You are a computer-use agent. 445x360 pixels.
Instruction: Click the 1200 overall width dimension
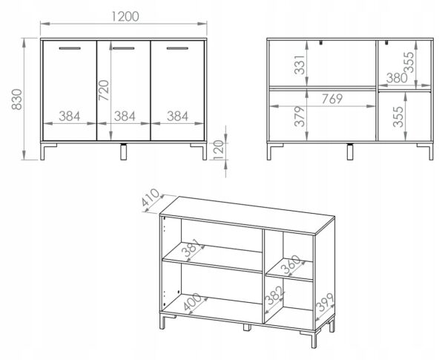[x=125, y=16]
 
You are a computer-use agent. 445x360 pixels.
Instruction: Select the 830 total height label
[x=17, y=99]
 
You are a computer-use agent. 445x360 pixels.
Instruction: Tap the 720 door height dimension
[x=104, y=91]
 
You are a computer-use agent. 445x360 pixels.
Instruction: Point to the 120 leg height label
[x=219, y=150]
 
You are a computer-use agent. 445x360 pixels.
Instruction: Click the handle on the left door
[x=70, y=48]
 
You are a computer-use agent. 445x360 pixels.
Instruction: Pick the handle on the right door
[x=177, y=48]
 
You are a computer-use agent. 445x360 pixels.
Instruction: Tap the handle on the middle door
[x=124, y=48]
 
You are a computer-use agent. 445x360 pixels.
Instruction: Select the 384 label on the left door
[x=70, y=117]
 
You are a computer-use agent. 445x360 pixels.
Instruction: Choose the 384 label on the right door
[x=177, y=117]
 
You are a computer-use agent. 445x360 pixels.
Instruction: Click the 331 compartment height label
[x=300, y=65]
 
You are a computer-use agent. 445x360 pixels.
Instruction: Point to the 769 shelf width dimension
[x=332, y=99]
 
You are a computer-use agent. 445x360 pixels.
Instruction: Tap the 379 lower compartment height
[x=300, y=117]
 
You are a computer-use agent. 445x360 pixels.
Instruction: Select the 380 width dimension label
[x=397, y=78]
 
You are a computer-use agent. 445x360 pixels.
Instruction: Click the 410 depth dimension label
[x=151, y=197]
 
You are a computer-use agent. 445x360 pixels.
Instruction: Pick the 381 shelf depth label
[x=193, y=247]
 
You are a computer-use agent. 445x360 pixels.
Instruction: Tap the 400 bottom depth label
[x=192, y=302]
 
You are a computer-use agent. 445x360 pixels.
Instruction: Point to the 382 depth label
[x=274, y=295]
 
